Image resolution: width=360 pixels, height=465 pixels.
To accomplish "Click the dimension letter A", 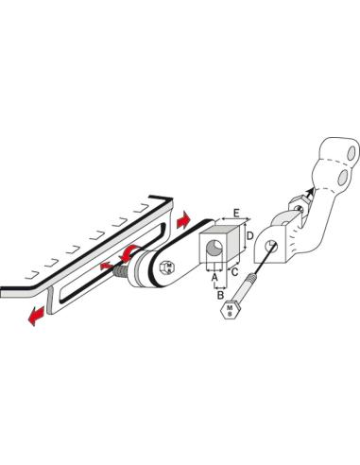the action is (x=214, y=277).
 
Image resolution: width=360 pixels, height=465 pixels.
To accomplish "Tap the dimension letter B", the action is (x=221, y=295).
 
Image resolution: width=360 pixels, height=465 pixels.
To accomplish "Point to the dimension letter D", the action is (x=249, y=235).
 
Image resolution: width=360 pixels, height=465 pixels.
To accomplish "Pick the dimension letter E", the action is (x=236, y=213).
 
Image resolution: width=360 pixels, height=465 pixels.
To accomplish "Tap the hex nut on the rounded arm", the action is (x=168, y=267).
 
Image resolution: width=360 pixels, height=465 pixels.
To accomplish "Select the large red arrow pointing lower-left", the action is (x=36, y=316).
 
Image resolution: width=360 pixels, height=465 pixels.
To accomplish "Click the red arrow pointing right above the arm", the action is (x=183, y=220).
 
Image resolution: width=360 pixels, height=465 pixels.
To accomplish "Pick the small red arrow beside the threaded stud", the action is (x=105, y=266).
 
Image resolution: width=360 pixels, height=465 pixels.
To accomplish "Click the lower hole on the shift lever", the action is (x=342, y=178).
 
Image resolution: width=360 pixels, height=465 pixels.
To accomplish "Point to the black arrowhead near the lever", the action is (x=311, y=191).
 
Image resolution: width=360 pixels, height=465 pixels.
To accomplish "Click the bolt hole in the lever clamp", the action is (x=271, y=246).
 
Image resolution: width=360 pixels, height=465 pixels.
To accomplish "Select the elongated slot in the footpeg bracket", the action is (x=113, y=262).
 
